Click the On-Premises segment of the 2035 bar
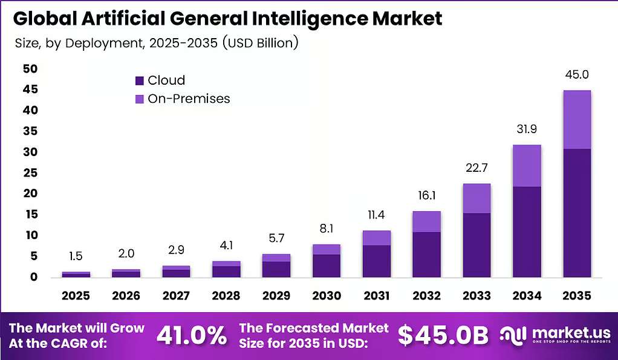(577, 119)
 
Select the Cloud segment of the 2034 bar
(527, 232)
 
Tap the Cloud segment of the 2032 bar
(426, 254)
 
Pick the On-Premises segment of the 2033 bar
(477, 198)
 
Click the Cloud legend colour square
(140, 81)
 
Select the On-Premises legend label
(189, 99)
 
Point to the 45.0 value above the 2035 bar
(577, 74)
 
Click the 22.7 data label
(477, 168)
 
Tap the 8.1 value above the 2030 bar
(327, 229)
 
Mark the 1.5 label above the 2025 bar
(76, 257)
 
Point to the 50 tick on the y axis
(30, 69)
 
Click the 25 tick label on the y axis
(30, 172)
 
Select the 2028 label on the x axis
(226, 296)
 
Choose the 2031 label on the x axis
(376, 296)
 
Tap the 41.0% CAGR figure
(192, 335)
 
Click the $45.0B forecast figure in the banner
(443, 335)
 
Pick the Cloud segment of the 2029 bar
(276, 269)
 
